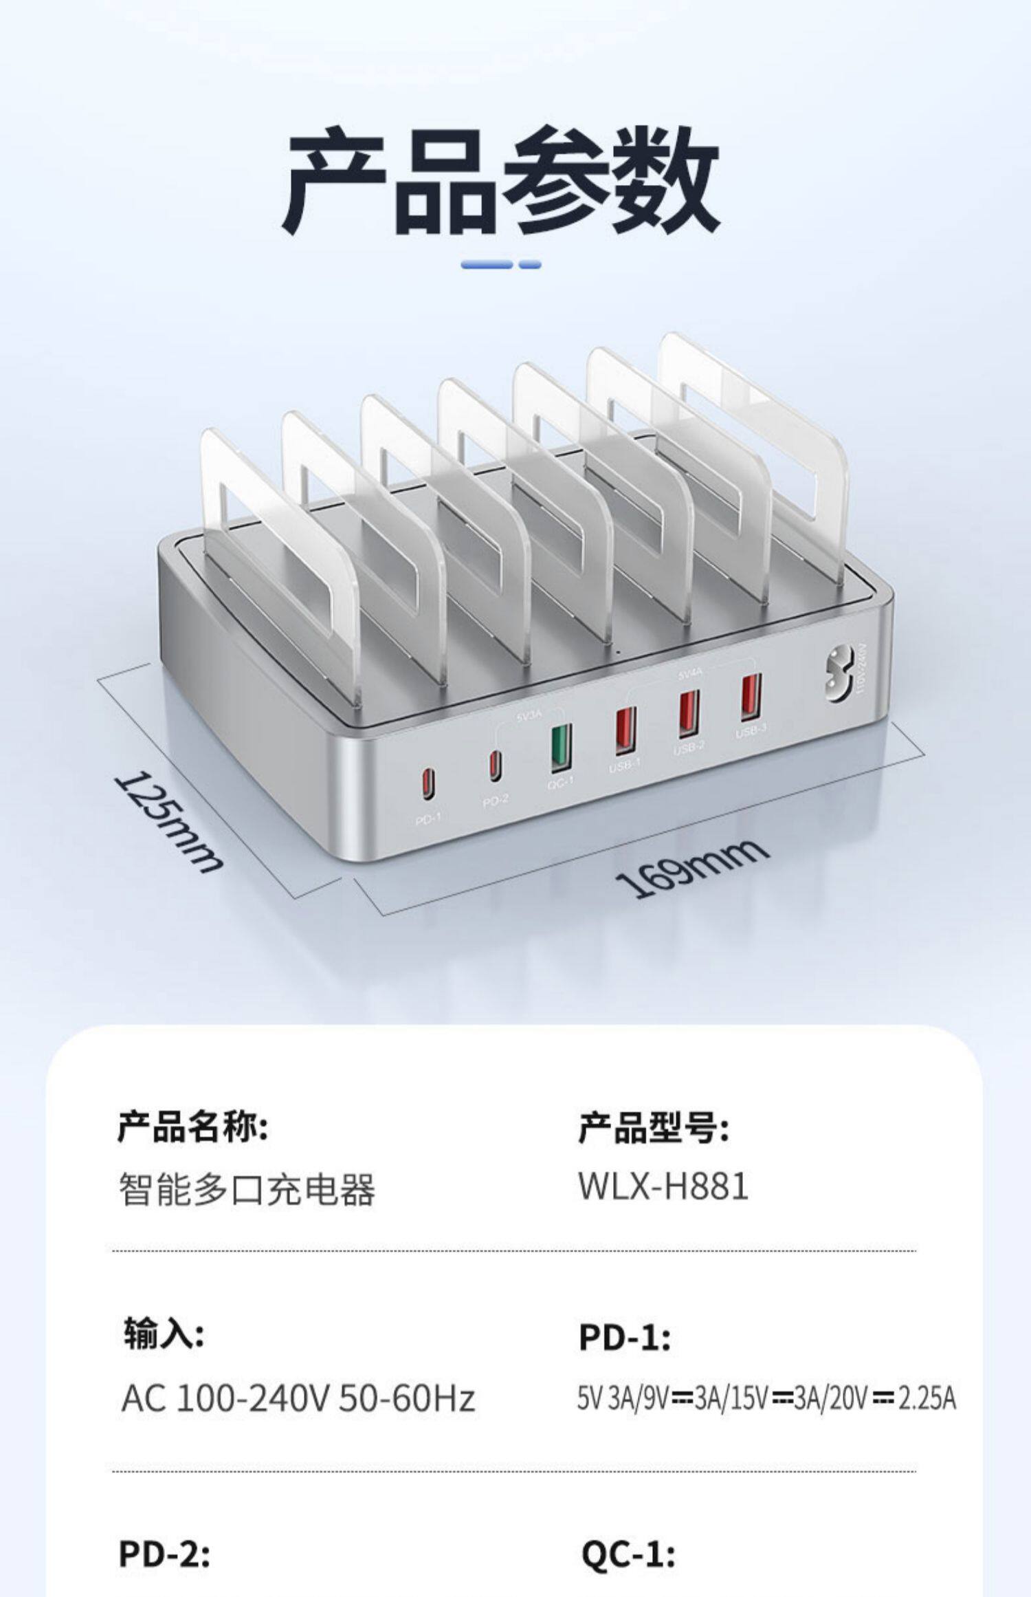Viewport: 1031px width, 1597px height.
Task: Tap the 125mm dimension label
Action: click(168, 821)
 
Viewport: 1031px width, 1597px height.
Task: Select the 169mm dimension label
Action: click(691, 868)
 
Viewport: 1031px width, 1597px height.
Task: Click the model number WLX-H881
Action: click(663, 1186)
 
